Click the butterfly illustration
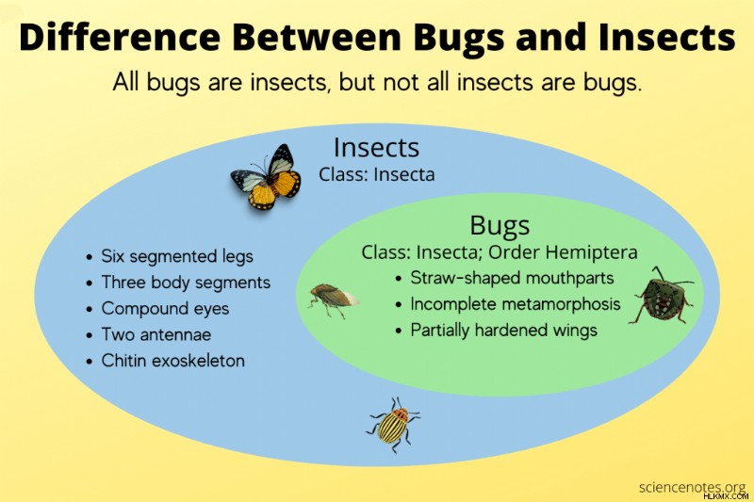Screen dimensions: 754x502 (266, 177)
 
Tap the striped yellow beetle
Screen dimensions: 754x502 (393, 425)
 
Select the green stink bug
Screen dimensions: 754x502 (662, 296)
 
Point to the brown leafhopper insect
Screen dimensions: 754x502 (334, 300)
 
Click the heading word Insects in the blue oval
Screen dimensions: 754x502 (376, 148)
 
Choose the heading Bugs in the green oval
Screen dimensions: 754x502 (500, 225)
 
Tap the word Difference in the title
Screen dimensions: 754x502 (120, 37)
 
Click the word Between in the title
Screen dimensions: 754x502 (318, 37)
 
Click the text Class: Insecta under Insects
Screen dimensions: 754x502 (376, 174)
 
